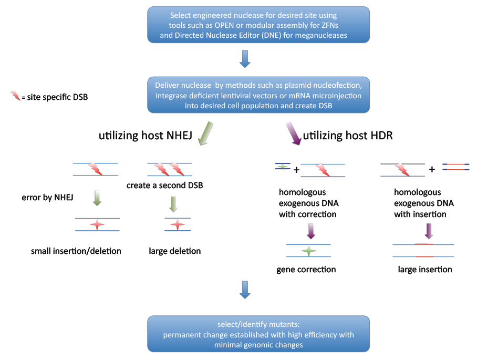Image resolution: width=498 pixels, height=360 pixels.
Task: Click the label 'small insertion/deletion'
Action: click(76, 251)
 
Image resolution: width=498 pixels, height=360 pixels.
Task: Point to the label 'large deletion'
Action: click(175, 251)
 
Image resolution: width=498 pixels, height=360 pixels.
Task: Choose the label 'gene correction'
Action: click(306, 270)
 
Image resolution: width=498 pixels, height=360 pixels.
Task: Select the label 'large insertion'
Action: click(425, 270)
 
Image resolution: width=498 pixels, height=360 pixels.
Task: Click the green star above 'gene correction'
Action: click(309, 251)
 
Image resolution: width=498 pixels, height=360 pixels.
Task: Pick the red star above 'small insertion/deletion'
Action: click(97, 224)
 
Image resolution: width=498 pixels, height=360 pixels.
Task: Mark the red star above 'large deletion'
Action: click(178, 224)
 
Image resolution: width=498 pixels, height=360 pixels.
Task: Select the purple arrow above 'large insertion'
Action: click(429, 231)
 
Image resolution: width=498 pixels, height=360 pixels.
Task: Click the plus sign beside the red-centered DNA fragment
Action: click(432, 169)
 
